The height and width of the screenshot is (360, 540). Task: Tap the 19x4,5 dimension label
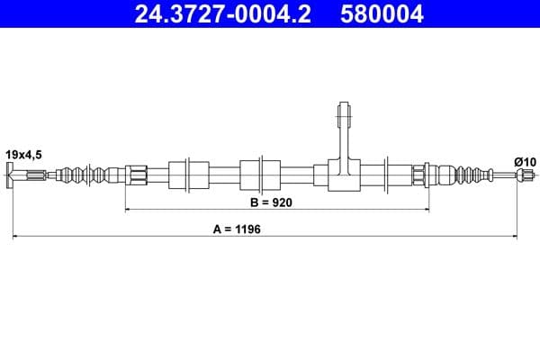23,155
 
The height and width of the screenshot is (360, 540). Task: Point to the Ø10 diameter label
525,161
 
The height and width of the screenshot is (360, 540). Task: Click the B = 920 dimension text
273,203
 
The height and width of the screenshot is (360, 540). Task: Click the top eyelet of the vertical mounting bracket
343,114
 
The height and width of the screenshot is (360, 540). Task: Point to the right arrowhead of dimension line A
514,237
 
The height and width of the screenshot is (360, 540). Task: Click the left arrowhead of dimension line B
129,210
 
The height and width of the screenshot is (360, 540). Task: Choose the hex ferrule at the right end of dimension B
420,174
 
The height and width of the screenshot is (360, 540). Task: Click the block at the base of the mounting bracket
343,175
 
